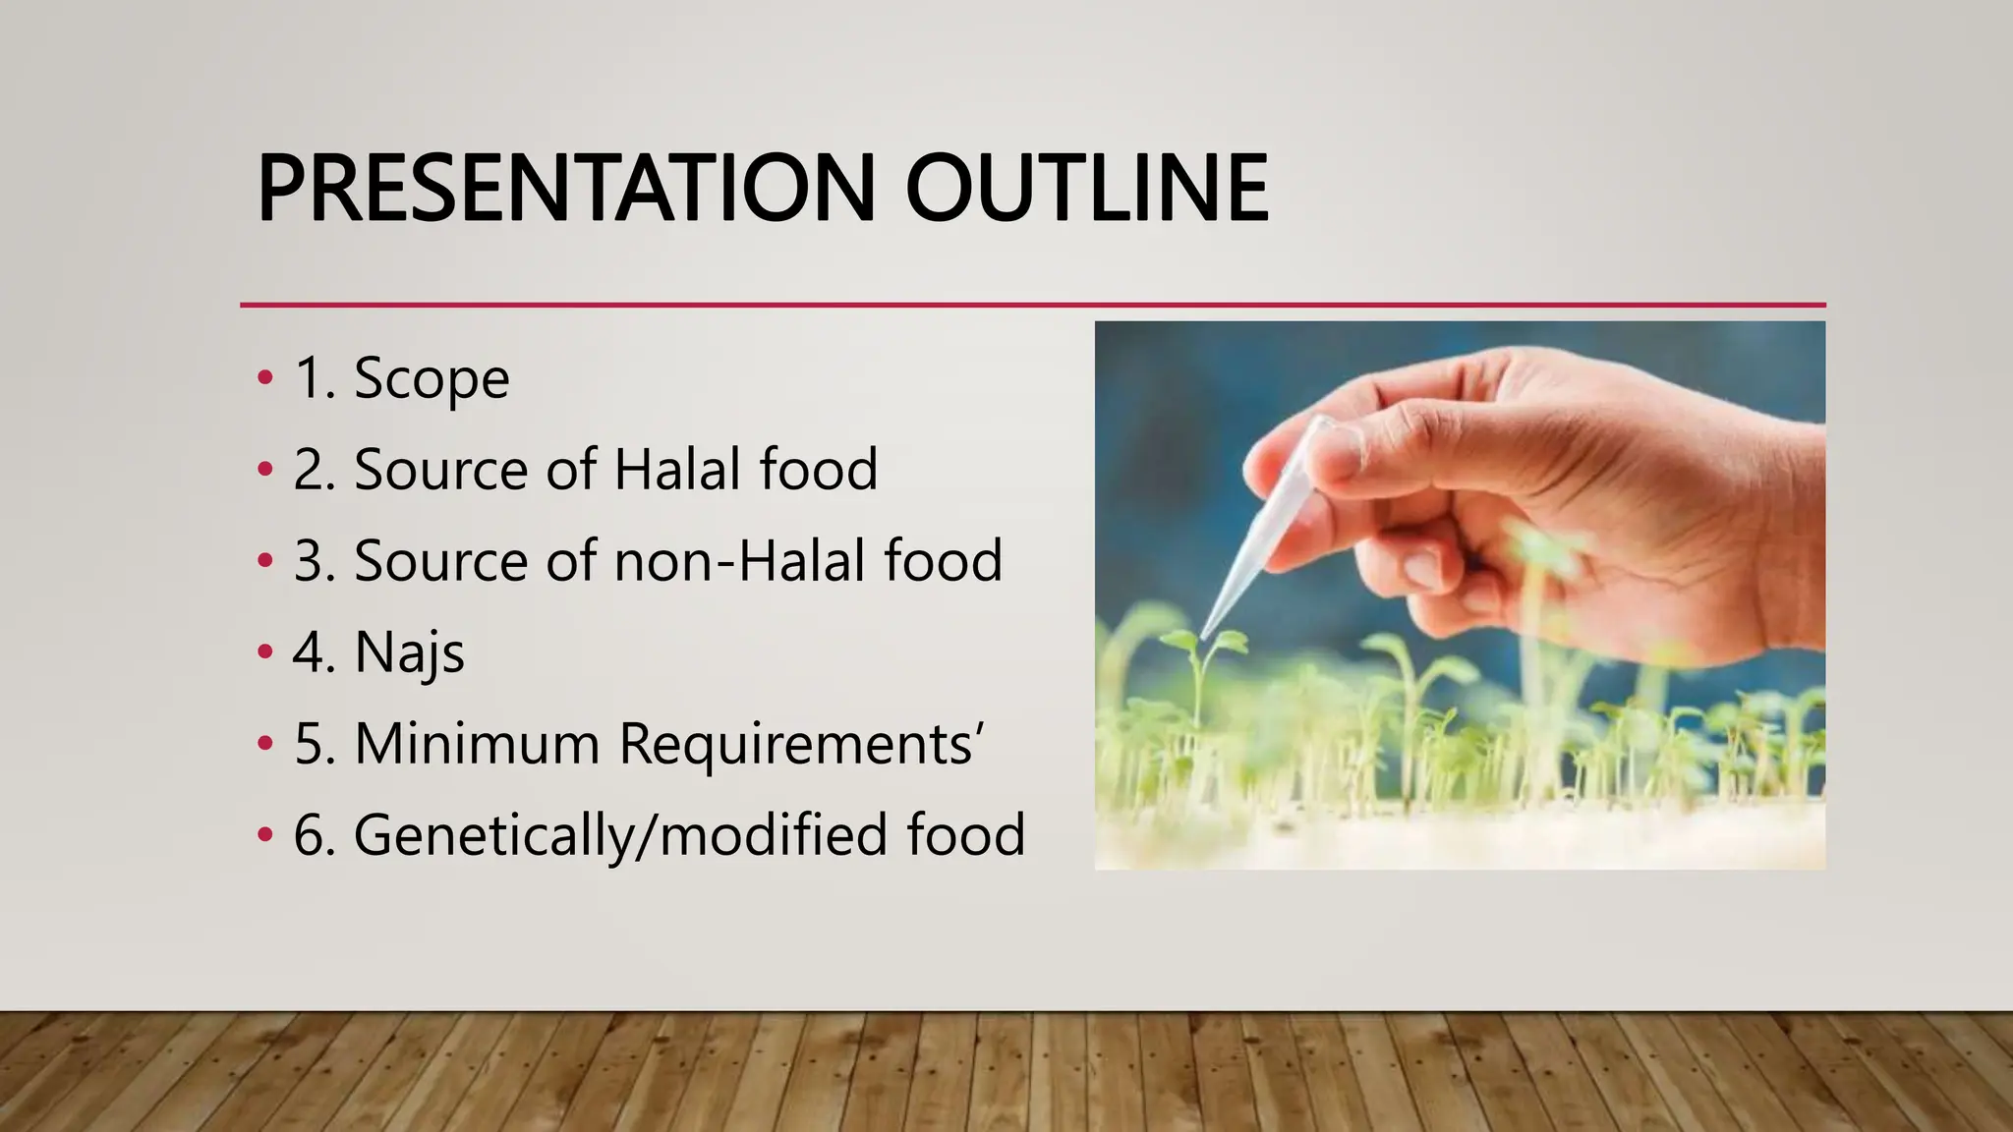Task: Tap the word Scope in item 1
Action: (x=431, y=378)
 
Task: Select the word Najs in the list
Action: (x=409, y=652)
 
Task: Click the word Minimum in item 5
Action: (x=477, y=744)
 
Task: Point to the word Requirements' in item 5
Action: (x=801, y=744)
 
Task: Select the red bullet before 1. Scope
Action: (x=264, y=378)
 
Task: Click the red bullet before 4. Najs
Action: (x=264, y=652)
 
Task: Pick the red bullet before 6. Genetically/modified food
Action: (x=264, y=835)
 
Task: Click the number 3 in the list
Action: (x=313, y=561)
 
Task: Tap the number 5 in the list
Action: (x=313, y=744)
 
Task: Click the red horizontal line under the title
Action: (x=1032, y=306)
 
